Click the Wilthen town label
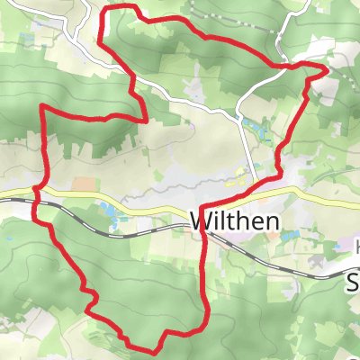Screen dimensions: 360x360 click(x=235, y=221)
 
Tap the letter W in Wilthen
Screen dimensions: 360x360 click(x=199, y=221)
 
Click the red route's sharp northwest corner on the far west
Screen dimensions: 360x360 click(x=43, y=107)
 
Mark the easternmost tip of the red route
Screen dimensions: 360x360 click(x=326, y=67)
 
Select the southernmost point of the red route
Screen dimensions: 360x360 click(x=137, y=348)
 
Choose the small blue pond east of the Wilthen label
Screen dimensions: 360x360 click(x=289, y=236)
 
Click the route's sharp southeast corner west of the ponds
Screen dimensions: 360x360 click(x=145, y=117)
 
